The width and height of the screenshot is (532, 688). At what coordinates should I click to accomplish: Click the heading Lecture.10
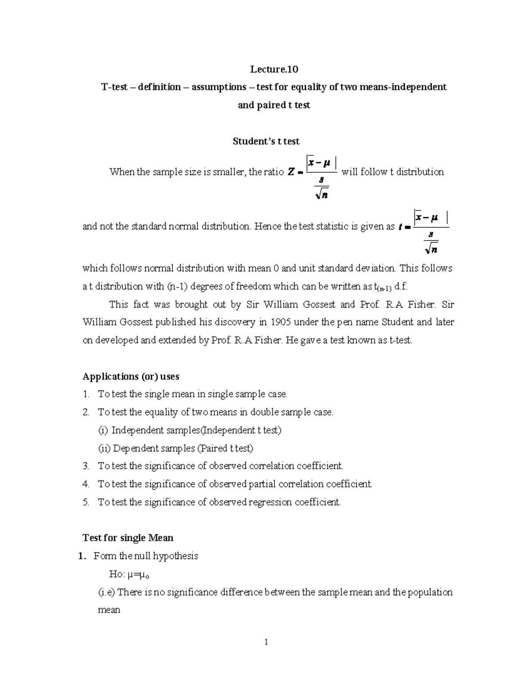coord(274,69)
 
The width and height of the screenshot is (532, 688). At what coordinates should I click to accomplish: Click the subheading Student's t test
coord(266,141)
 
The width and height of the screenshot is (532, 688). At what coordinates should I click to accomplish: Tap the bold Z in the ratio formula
coord(291,173)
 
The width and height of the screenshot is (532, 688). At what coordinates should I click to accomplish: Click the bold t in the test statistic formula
coord(401,227)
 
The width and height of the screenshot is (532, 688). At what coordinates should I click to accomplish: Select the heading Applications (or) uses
coord(131,377)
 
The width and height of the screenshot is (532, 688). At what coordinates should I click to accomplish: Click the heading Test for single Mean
coord(128,538)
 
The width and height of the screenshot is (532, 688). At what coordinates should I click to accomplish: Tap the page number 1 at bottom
coord(266,642)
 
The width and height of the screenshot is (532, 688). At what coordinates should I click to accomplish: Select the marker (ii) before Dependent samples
coord(104,448)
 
